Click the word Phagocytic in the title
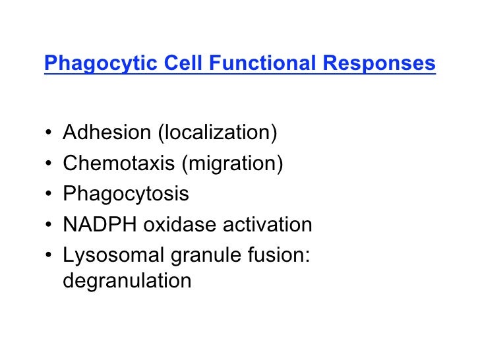pyautogui.click(x=92, y=65)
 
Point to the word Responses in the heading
pyautogui.click(x=379, y=64)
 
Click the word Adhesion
pyautogui.click(x=106, y=133)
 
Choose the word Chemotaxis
pyautogui.click(x=119, y=164)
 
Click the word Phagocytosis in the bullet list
pyautogui.click(x=125, y=195)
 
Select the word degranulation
pyautogui.click(x=127, y=282)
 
